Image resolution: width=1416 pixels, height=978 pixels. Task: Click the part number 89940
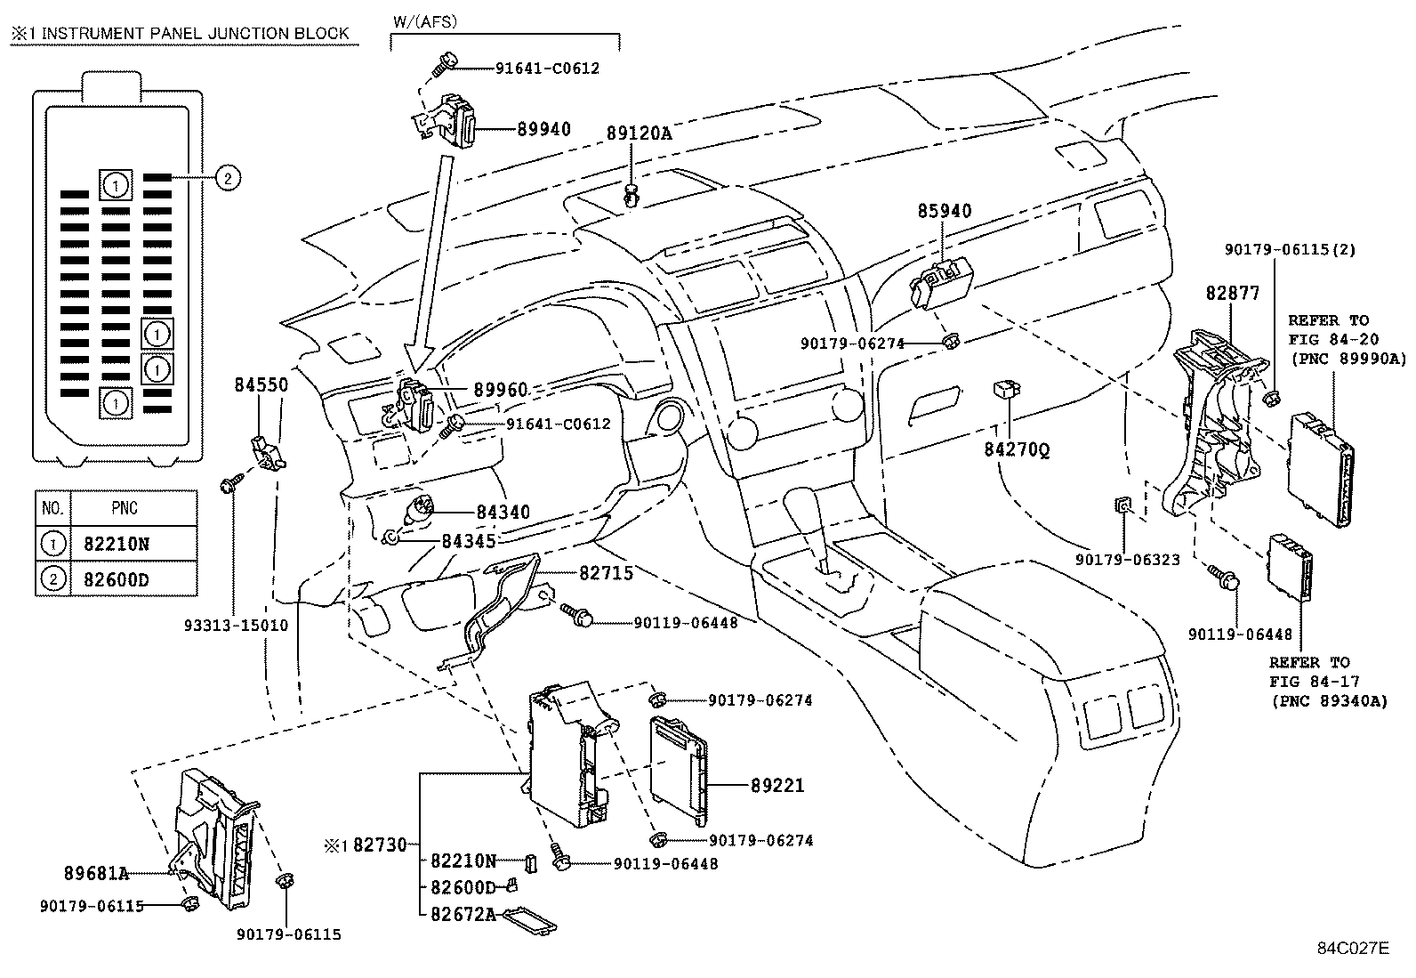click(x=543, y=129)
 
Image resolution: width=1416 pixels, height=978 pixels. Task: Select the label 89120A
click(x=639, y=133)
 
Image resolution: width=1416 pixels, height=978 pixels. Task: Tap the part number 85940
click(x=945, y=212)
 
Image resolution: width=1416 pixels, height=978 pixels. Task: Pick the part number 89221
click(x=777, y=785)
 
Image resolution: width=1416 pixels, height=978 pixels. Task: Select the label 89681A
click(x=96, y=874)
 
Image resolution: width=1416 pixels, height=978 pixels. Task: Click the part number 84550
click(x=261, y=385)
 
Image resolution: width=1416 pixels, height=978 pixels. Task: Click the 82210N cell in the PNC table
click(x=117, y=544)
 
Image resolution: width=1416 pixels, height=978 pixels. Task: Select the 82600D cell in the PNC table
click(x=117, y=580)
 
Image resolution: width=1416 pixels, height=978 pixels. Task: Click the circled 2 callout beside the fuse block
click(x=227, y=179)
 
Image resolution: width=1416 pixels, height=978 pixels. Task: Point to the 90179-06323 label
click(x=1127, y=560)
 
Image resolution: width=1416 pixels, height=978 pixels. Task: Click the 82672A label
click(x=463, y=913)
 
